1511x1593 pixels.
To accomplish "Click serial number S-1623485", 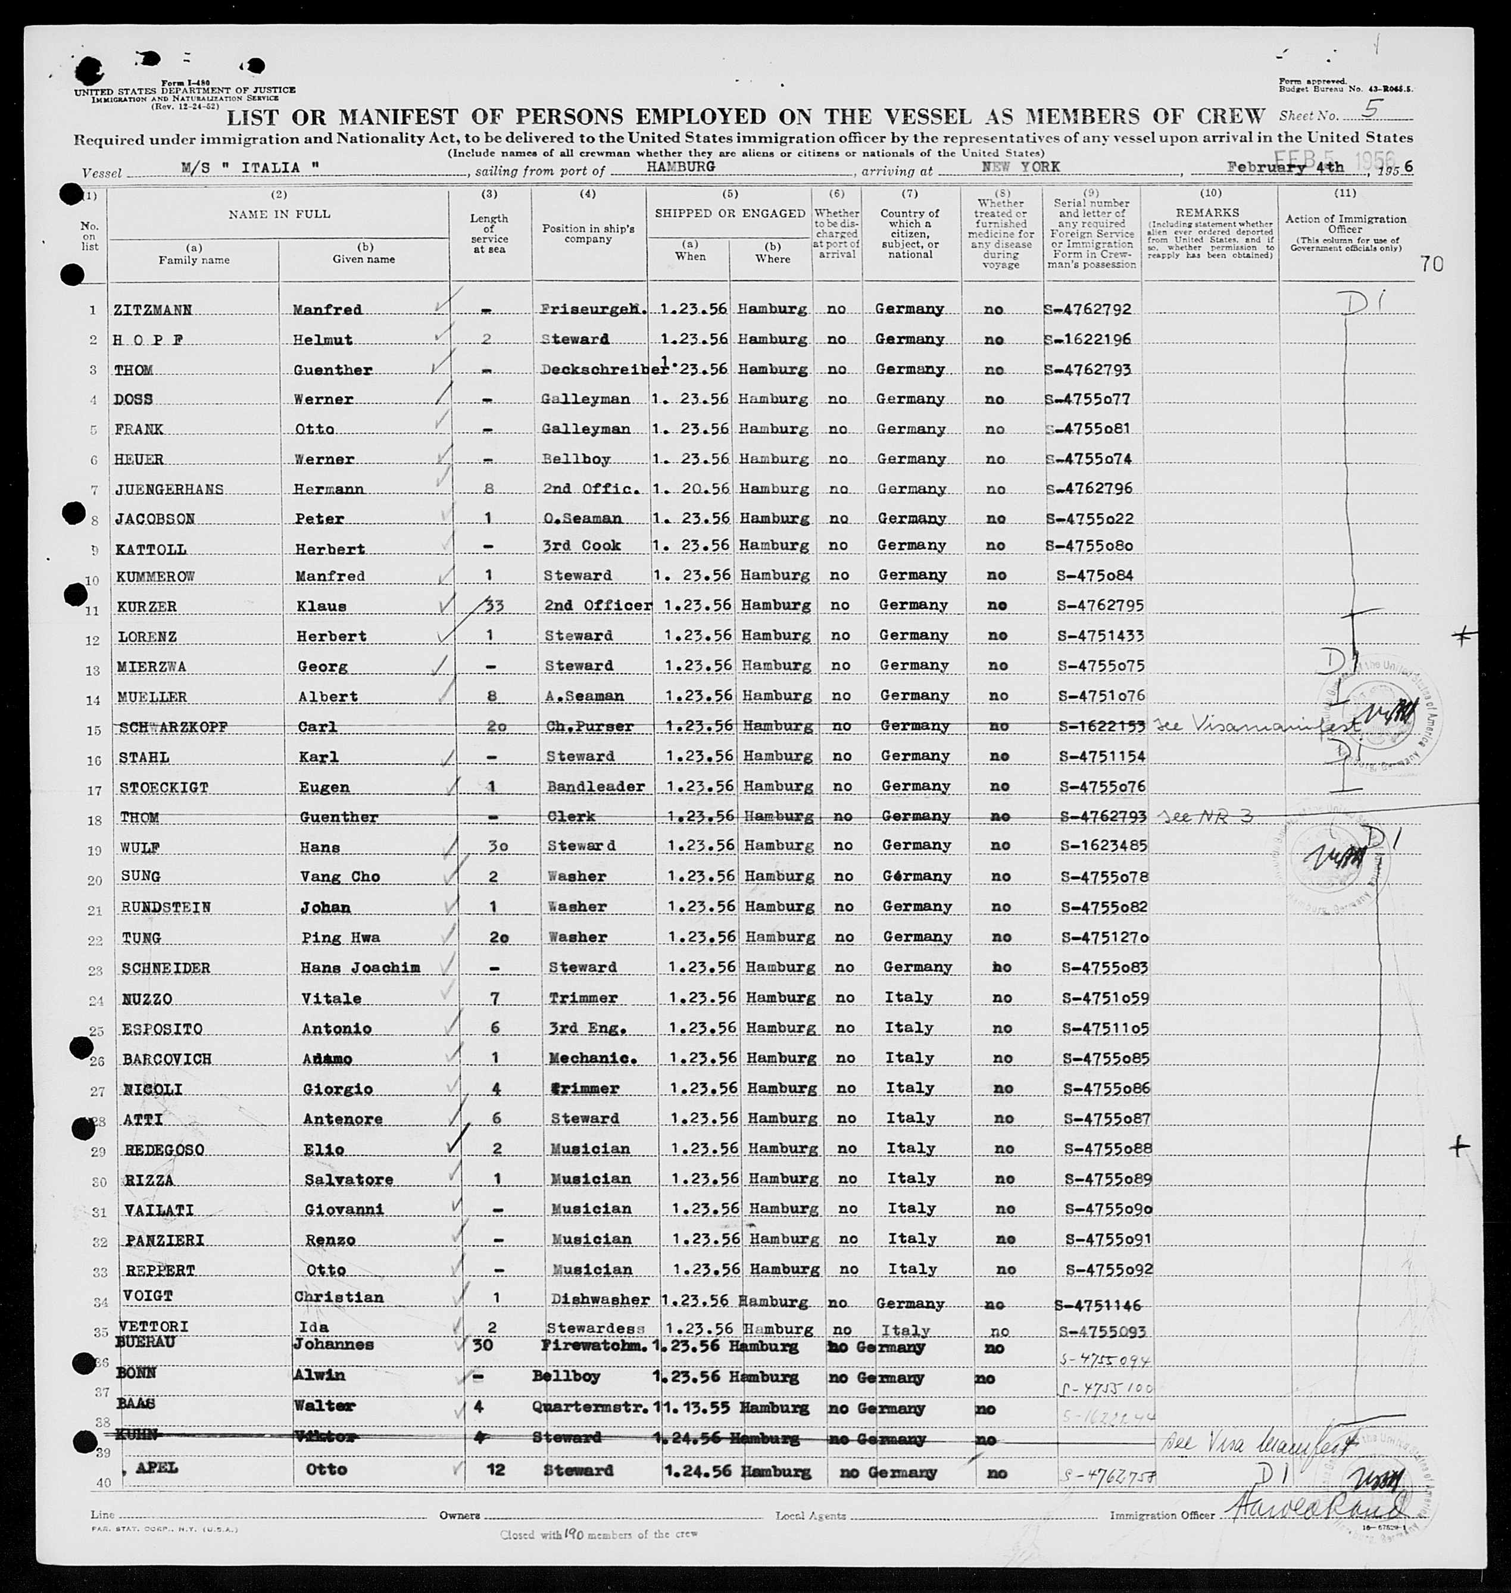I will click(1103, 847).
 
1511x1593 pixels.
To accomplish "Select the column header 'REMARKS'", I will click(1210, 214).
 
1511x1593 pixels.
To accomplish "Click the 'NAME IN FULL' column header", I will click(279, 214).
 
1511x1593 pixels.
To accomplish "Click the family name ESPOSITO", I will click(162, 1029).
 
